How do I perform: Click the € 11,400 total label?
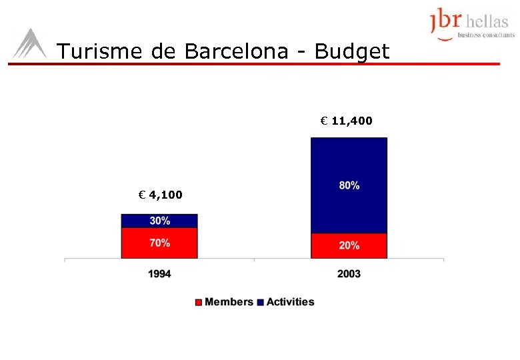click(346, 121)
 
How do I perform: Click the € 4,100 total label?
click(159, 195)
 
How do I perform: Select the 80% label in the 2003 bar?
click(349, 186)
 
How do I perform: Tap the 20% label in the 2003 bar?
click(349, 245)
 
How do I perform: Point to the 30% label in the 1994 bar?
click(159, 221)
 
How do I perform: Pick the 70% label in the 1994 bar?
click(159, 243)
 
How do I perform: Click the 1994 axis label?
click(159, 274)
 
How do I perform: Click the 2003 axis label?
click(349, 274)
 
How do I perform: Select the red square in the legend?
click(199, 303)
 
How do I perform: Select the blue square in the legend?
click(261, 303)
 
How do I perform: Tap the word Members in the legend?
click(229, 302)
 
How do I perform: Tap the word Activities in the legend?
click(290, 302)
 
